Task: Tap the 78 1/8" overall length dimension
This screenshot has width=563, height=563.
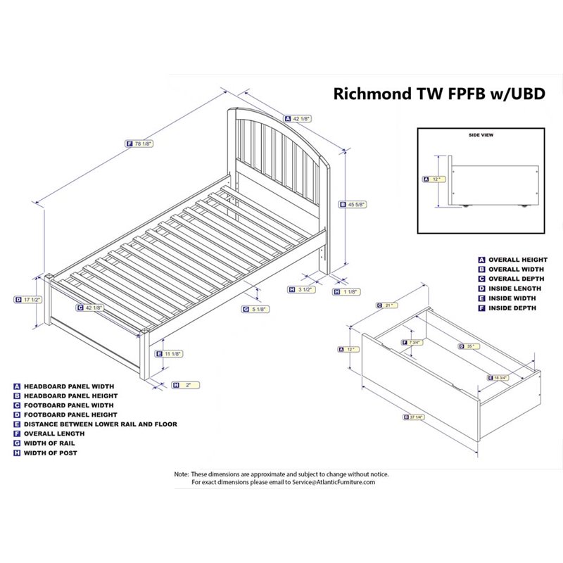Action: point(143,144)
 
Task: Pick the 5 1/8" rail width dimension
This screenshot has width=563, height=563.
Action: point(260,309)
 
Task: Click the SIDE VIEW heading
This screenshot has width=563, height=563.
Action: point(481,134)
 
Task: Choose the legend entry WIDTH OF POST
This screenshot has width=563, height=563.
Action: point(51,453)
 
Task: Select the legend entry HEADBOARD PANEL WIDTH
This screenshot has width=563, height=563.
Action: point(69,386)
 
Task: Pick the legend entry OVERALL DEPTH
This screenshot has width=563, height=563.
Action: point(517,279)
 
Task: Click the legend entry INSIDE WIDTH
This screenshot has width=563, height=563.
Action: point(512,298)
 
